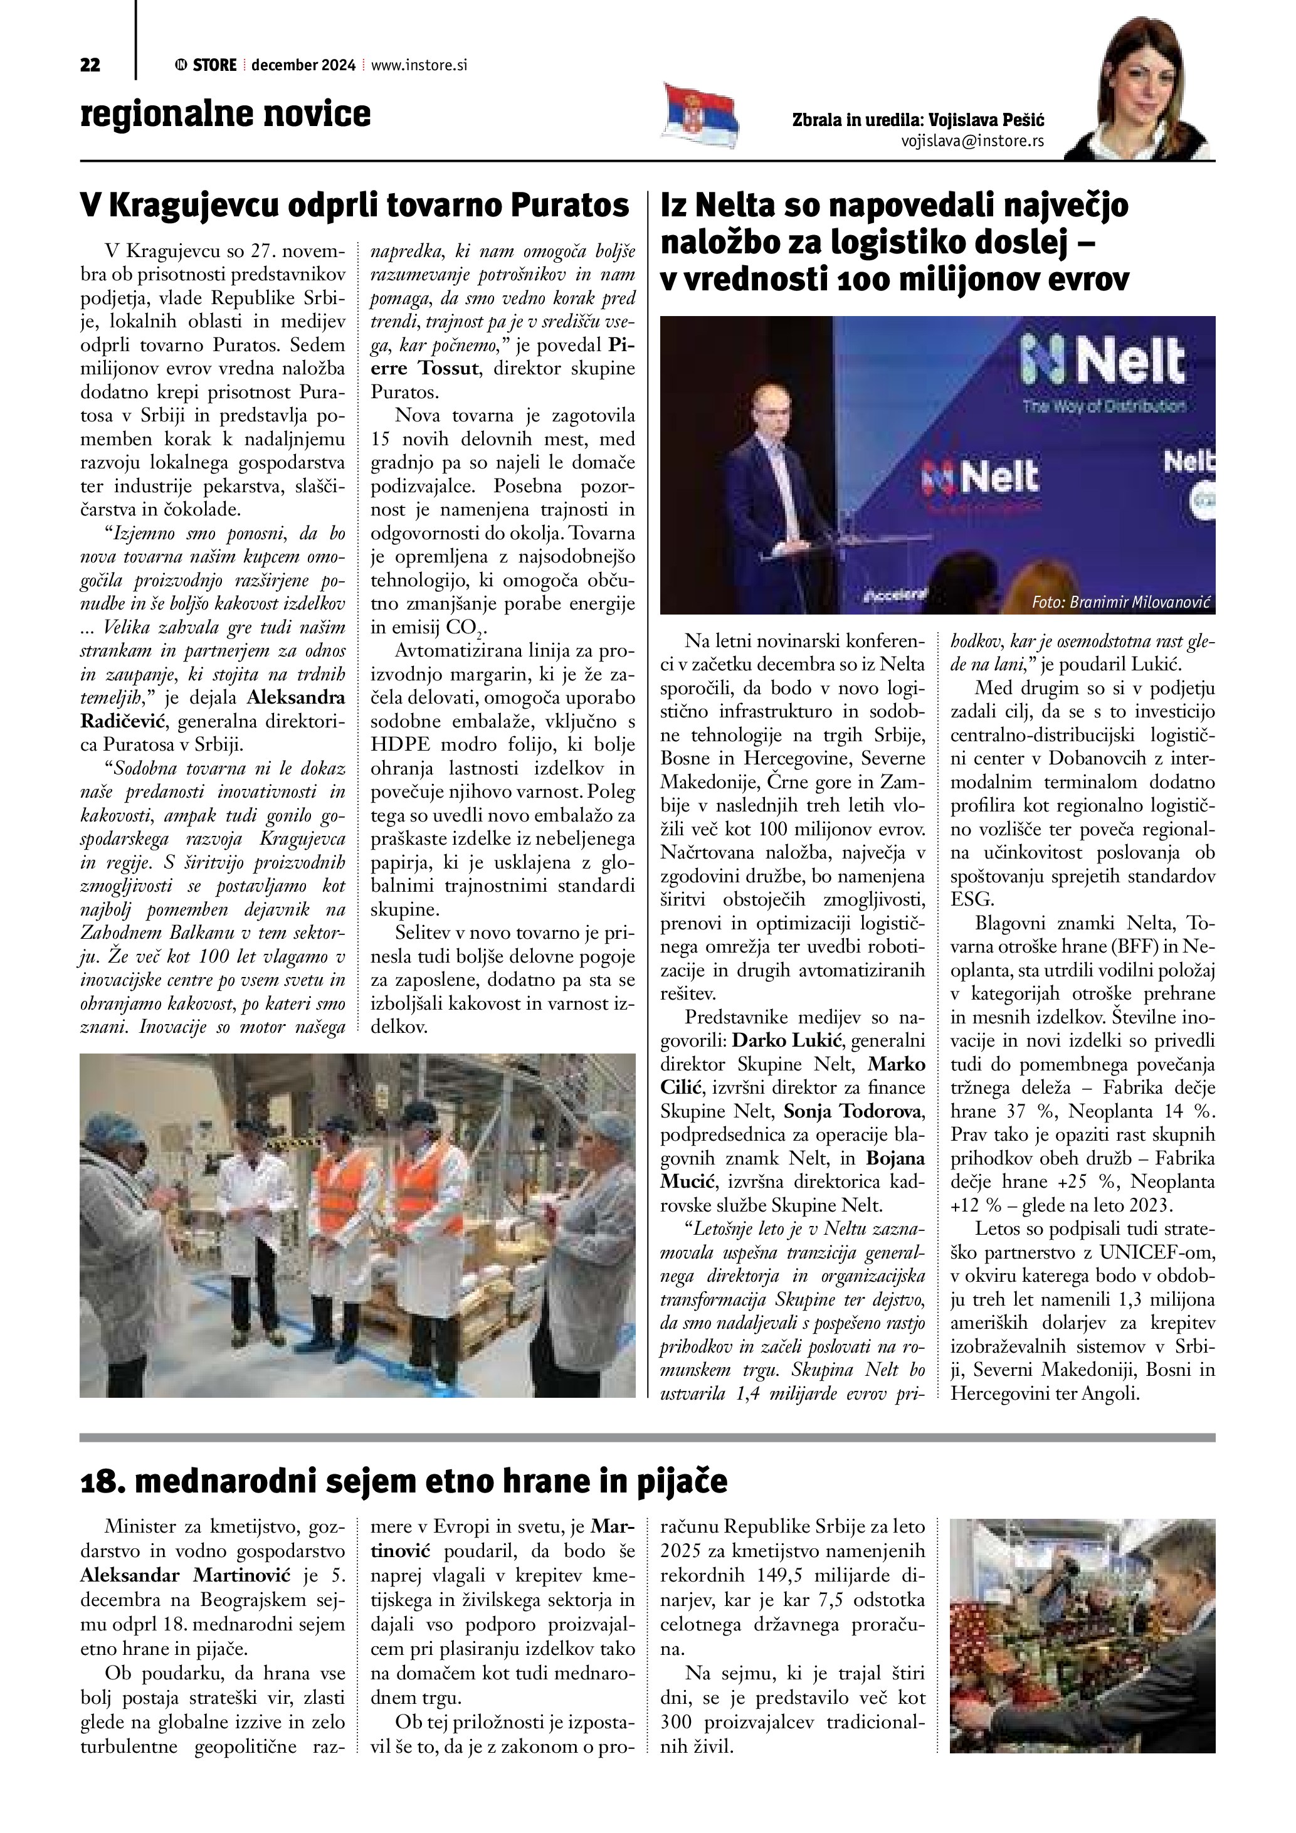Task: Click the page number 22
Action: (x=90, y=65)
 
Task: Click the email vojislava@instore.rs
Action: (x=972, y=140)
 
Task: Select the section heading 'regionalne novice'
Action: (x=226, y=114)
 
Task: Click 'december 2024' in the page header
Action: (x=303, y=65)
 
